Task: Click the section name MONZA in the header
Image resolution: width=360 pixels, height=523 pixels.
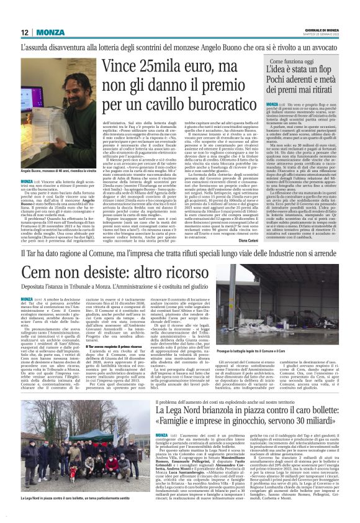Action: click(50, 32)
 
